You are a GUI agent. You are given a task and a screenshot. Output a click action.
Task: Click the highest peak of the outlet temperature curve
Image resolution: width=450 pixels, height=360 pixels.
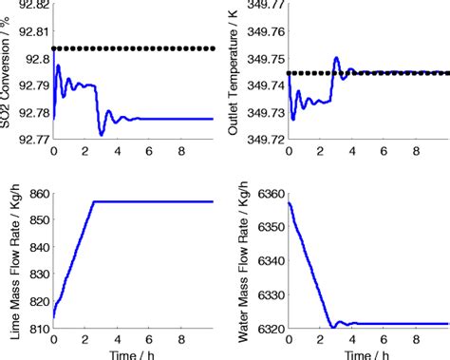click(336, 58)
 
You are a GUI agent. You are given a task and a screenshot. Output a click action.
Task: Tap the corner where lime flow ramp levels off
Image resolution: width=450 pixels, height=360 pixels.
click(93, 201)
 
